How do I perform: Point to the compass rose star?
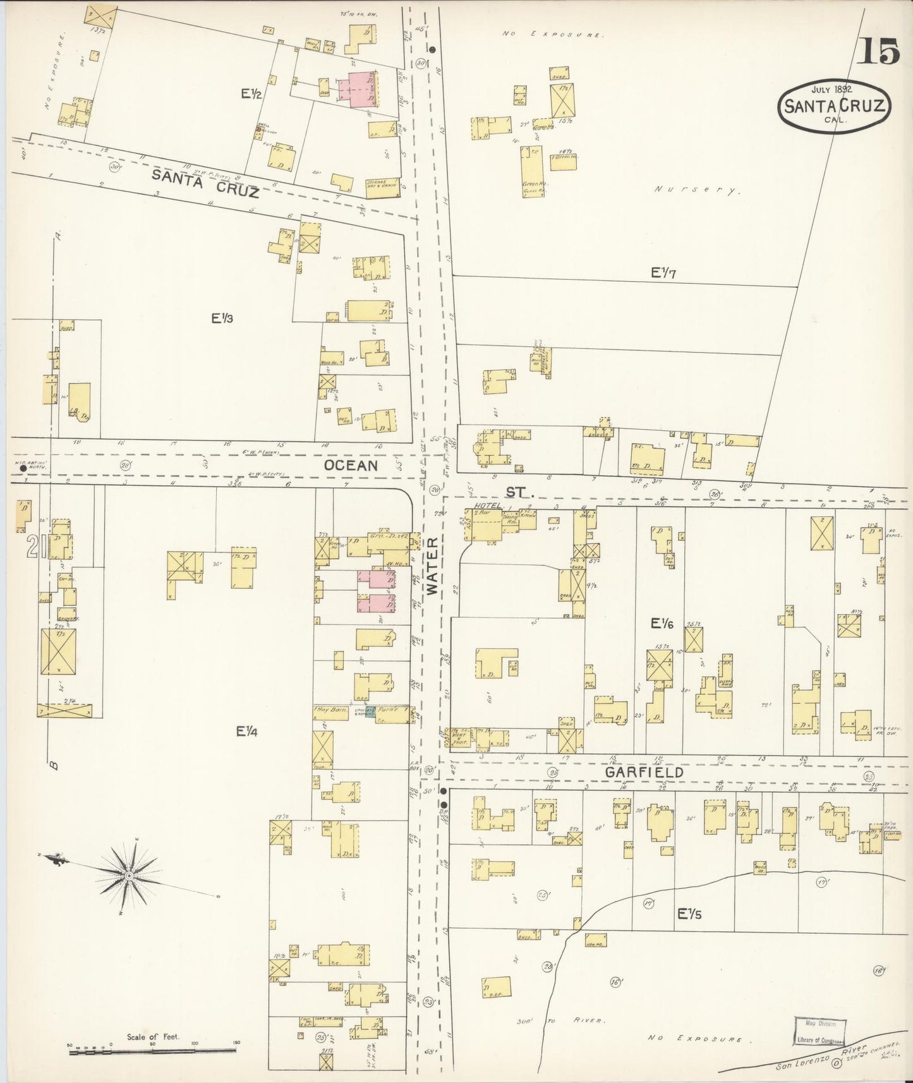[129, 876]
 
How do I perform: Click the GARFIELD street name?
[644, 772]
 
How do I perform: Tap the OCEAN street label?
[351, 465]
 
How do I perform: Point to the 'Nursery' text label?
[696, 189]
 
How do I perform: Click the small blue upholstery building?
[370, 711]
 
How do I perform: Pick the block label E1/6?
[663, 624]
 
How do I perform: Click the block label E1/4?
[247, 731]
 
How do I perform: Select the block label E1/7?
[664, 273]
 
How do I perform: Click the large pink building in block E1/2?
[358, 89]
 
